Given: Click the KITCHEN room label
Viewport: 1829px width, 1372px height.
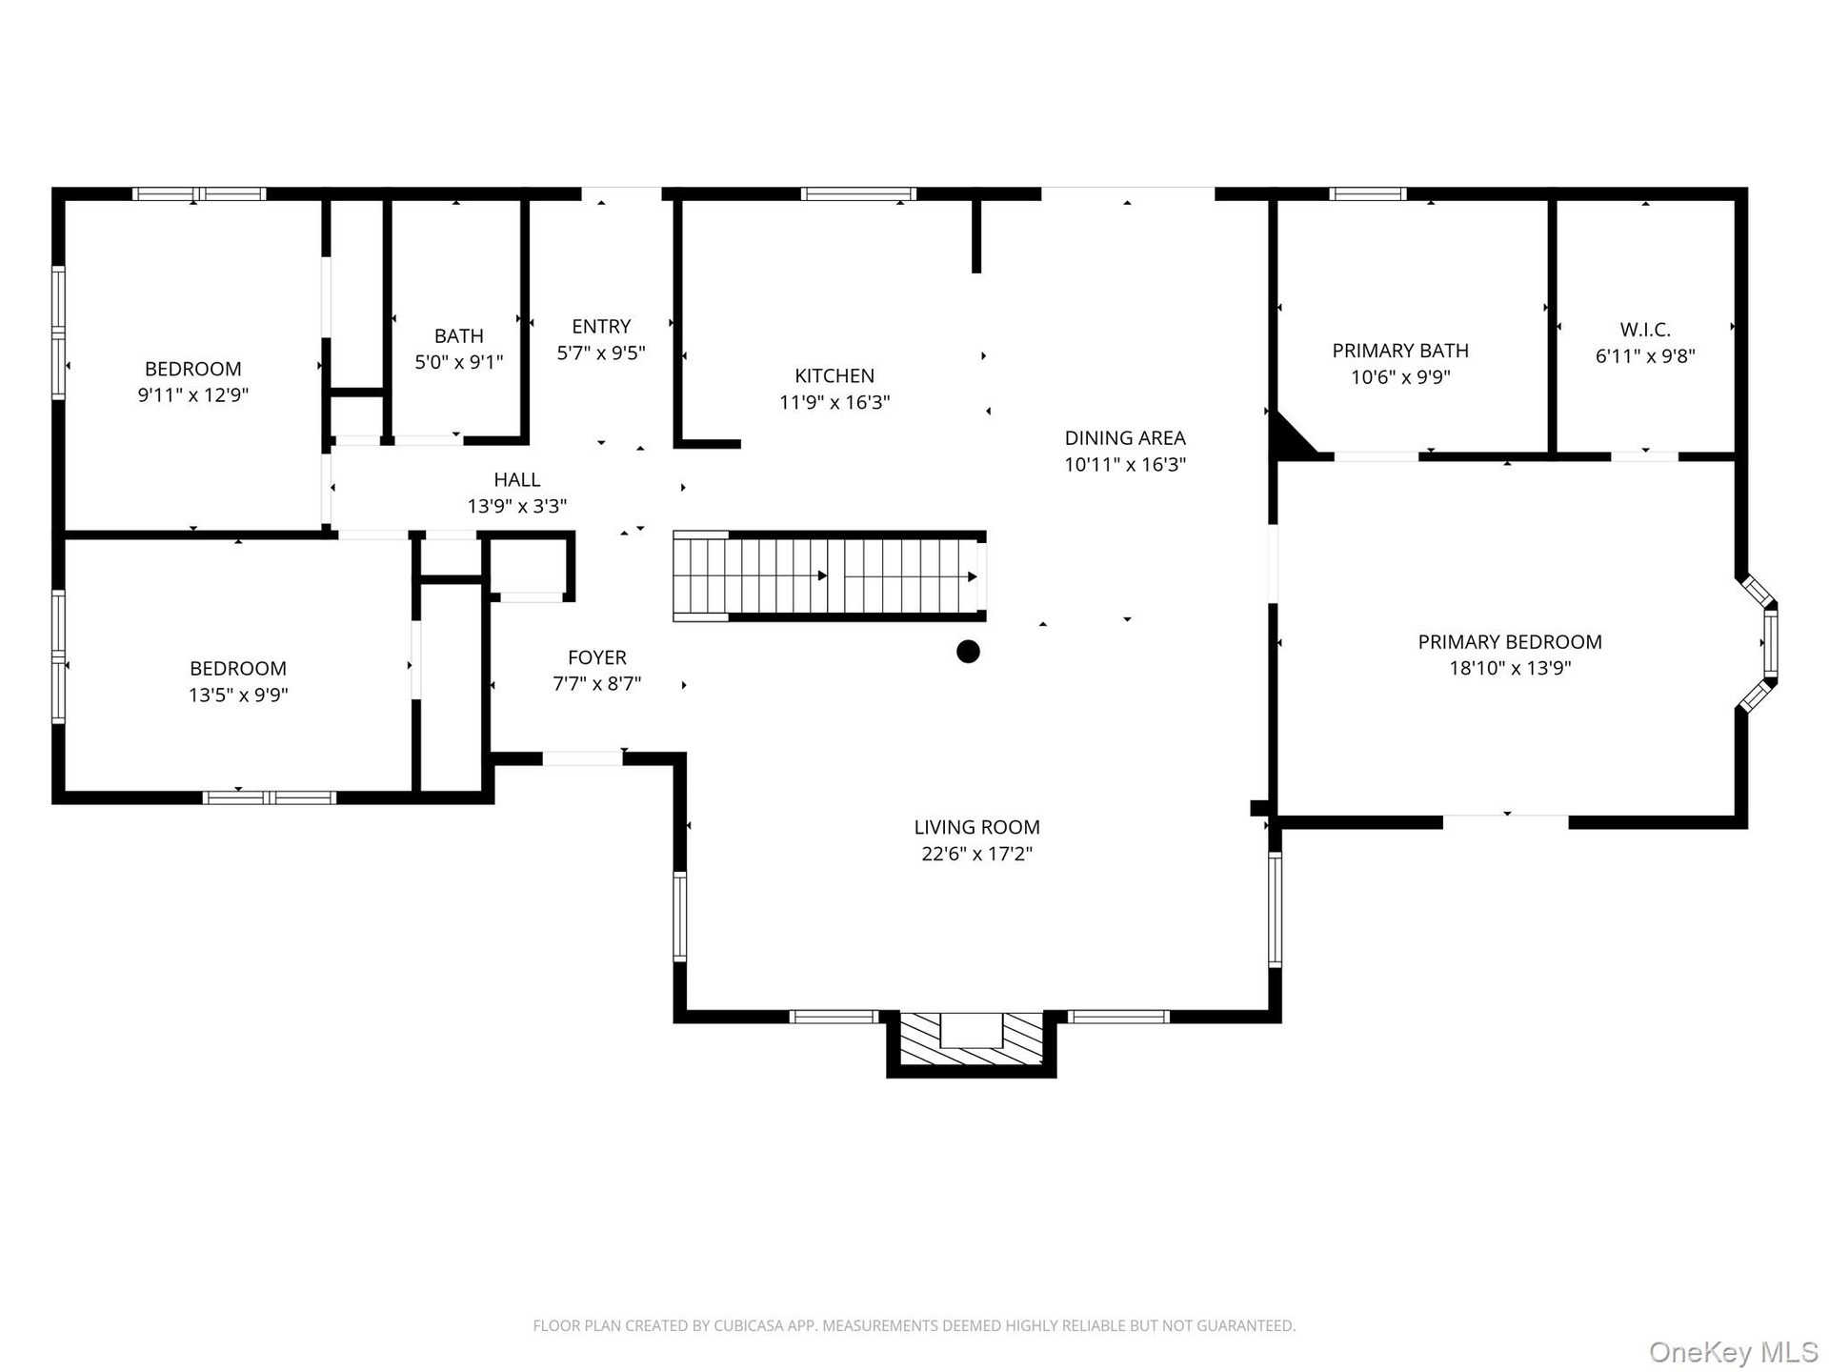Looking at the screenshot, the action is point(834,375).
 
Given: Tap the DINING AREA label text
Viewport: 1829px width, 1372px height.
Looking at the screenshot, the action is point(1125,438).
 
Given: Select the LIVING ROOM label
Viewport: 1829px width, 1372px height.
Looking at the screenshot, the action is point(976,827).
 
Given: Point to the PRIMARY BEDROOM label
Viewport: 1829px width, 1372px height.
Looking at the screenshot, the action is point(1510,642).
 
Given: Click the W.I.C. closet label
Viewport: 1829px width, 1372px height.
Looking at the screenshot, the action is point(1645,330).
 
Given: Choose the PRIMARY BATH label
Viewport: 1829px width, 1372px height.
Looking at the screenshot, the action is point(1400,351).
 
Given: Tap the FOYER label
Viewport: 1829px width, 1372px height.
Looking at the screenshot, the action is point(597,657).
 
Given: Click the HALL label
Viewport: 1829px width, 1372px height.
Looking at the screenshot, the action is point(517,479).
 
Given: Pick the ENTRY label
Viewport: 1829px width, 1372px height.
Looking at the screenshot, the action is point(601,326).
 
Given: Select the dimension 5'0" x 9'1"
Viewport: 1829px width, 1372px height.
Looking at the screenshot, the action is point(459,362).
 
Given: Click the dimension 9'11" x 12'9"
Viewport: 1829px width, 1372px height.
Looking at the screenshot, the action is point(193,394).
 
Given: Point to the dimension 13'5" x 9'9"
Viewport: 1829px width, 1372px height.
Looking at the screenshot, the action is point(238,695).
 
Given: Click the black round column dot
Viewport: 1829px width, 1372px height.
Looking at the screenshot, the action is point(968,652).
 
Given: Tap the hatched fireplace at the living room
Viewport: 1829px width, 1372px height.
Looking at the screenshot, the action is point(972,1040).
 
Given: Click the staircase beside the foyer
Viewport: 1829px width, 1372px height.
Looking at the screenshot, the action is point(829,576).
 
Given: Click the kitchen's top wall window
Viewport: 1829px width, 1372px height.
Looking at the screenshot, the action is point(858,193).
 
